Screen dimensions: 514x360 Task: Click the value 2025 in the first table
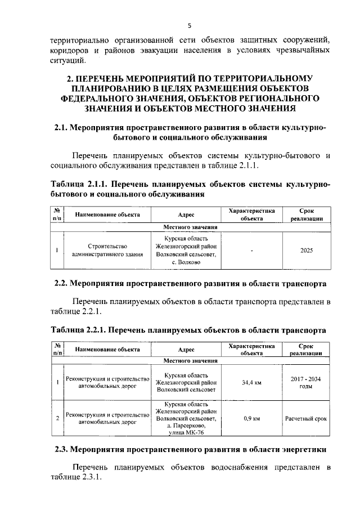[307, 249]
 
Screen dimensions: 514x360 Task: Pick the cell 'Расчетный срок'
[307, 419]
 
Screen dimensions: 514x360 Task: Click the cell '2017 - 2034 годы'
[307, 383]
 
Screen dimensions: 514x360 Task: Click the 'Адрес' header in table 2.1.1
[186, 214]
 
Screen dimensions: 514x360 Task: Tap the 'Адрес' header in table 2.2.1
[186, 349]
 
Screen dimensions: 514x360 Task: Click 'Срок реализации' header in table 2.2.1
[307, 349]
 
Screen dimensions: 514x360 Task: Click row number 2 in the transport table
[57, 419]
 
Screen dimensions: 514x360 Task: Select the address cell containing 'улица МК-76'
[186, 419]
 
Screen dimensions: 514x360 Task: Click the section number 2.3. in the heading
[62, 450]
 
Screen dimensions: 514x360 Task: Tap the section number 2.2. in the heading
[62, 283]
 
